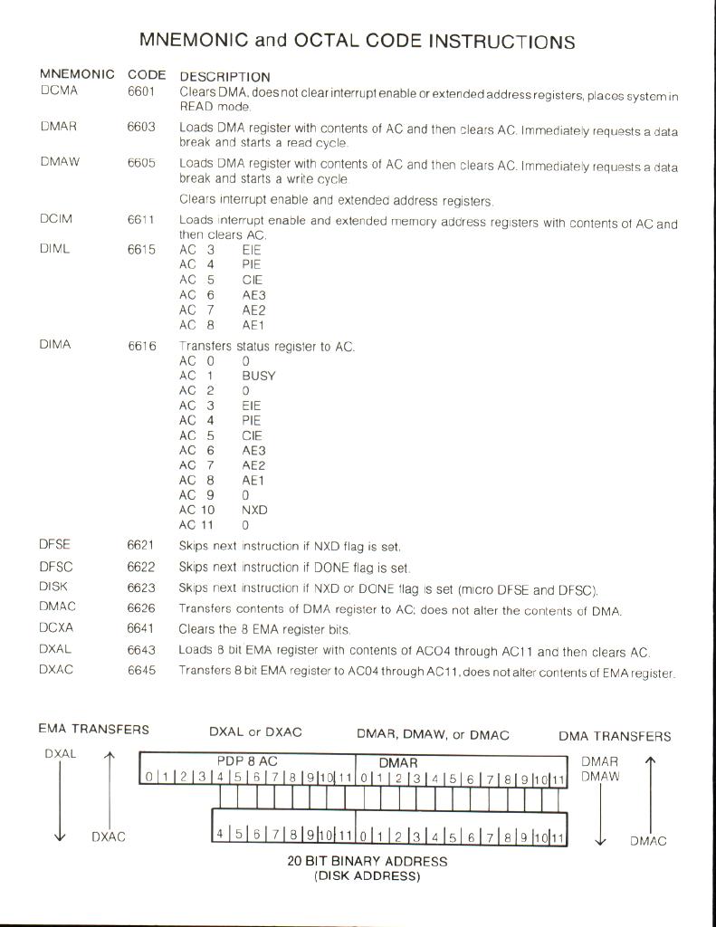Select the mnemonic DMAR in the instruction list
(58, 128)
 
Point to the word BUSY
(258, 375)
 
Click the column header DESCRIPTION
(224, 77)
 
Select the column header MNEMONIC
(77, 74)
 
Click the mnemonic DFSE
(55, 545)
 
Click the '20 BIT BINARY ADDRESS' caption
(368, 861)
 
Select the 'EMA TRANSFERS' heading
(93, 729)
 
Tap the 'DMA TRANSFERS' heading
(615, 736)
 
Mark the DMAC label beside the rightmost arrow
(648, 841)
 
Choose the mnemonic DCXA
(56, 630)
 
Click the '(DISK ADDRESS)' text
(368, 875)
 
